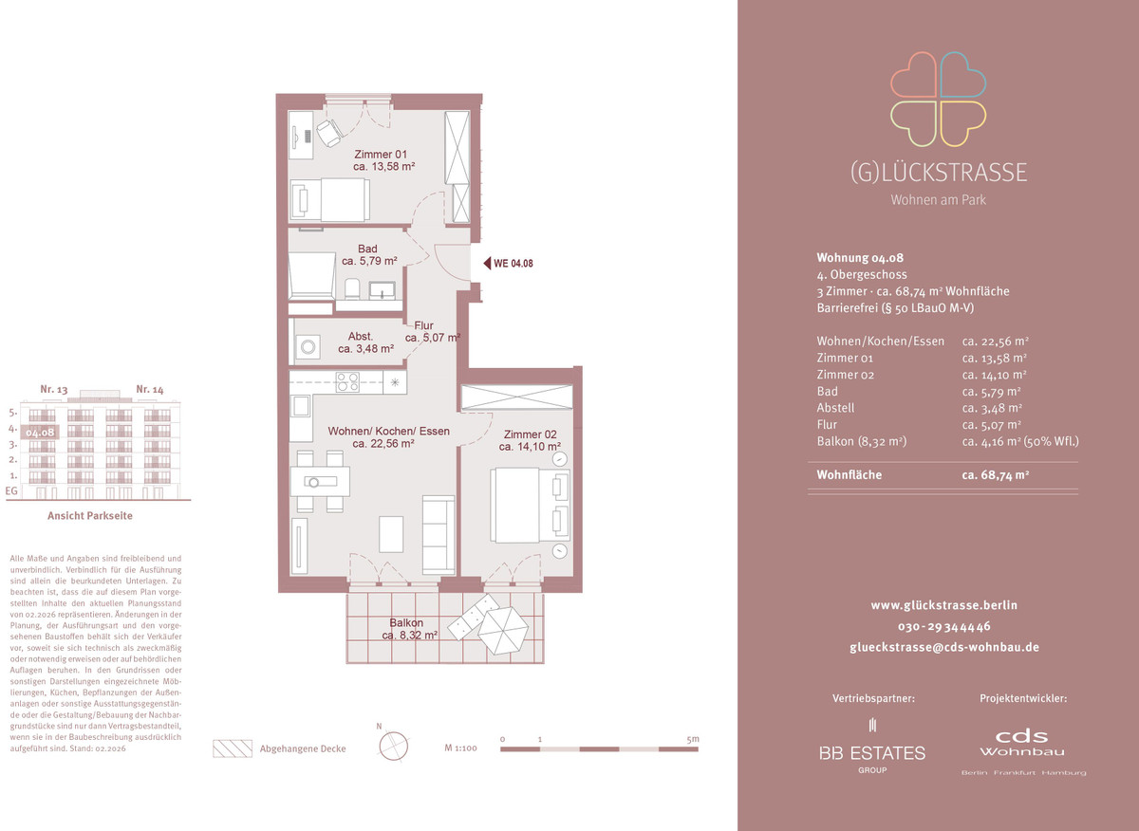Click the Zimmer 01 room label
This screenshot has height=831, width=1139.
coord(383,160)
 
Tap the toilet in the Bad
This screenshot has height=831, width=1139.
coord(352,288)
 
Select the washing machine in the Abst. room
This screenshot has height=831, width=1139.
coord(308,346)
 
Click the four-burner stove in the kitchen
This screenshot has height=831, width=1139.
coord(347,381)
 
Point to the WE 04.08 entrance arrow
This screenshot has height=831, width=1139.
coord(487,264)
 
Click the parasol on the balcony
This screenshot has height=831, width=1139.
coord(503,631)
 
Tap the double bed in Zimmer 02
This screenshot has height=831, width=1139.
coord(530,506)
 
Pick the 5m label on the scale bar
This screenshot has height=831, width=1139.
coord(693,739)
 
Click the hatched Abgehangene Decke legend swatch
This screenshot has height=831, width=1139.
coord(233,748)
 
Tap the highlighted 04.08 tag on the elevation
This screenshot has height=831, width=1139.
coord(40,433)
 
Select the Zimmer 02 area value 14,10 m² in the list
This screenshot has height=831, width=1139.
coord(994,375)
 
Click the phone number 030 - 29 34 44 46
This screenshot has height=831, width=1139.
coord(944,627)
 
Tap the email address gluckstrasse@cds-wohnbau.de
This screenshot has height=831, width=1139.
coord(944,648)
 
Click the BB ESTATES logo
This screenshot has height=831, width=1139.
coord(872,747)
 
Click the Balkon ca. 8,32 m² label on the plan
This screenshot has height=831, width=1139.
coord(410,629)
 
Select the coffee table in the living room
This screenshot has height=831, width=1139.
coord(391,534)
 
